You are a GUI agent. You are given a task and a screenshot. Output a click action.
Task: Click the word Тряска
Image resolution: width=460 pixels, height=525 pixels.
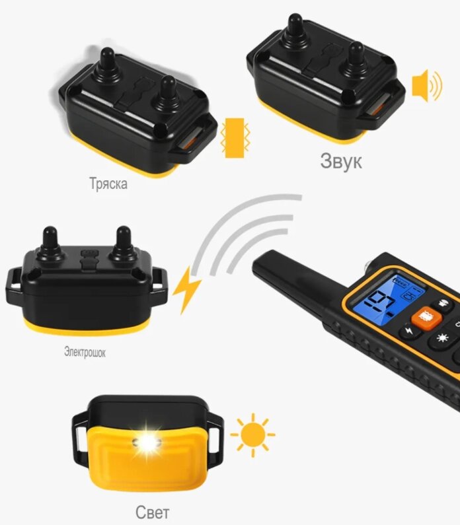[108, 184]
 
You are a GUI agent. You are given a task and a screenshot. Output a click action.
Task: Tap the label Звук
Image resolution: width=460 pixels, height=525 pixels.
[341, 161]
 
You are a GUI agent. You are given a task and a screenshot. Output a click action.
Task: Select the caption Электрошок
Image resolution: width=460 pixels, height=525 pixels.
[85, 352]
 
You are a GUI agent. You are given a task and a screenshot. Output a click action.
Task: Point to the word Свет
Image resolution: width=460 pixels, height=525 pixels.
[153, 512]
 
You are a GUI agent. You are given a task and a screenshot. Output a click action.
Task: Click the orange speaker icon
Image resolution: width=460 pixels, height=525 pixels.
[427, 85]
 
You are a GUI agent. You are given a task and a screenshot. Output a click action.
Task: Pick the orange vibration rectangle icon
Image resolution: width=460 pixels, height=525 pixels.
[235, 137]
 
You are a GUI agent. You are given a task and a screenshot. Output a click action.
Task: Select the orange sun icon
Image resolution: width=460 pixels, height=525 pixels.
[253, 435]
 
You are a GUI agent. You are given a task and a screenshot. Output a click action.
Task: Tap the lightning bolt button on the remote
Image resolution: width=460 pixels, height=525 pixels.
[408, 331]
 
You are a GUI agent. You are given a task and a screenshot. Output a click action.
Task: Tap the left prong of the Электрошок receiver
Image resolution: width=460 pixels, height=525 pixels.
[50, 243]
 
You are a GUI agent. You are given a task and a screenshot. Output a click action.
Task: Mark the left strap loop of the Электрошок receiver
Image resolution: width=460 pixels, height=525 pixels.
[13, 285]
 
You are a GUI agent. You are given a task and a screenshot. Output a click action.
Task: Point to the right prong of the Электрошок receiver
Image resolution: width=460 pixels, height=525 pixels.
[123, 243]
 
